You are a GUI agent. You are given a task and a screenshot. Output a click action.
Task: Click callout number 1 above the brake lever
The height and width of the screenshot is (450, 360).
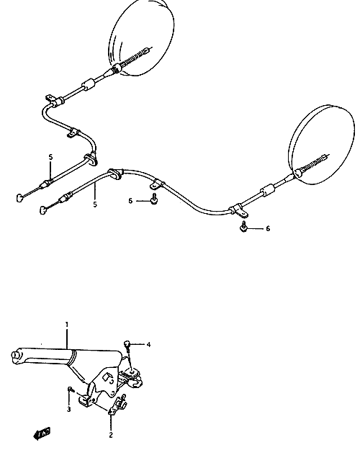coord(67,325)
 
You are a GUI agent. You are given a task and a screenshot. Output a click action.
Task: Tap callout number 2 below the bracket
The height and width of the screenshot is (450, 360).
coord(111,435)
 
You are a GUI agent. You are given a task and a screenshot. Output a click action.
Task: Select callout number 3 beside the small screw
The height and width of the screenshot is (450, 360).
coord(69,409)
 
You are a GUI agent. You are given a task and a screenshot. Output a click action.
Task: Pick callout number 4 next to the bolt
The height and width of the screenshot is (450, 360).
coord(148,344)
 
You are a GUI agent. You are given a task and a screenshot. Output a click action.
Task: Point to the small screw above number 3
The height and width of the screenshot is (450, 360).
coord(71,390)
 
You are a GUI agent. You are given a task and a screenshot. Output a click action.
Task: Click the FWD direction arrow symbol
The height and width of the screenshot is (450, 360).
coord(42,433)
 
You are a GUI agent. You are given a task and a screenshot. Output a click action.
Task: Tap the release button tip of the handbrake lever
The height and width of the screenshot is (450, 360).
coord(14,354)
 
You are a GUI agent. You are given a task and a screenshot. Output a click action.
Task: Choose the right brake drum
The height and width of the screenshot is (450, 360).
coord(322,144)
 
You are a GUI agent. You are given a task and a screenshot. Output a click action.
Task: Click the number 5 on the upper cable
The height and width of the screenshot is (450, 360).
coord(51,157)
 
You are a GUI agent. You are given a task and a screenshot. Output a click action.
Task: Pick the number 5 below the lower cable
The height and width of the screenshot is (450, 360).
coord(95,204)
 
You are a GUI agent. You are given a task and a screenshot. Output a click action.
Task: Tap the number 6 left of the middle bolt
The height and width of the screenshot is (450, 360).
coord(130,201)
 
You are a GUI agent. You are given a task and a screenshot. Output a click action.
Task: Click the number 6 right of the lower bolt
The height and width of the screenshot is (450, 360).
coord(268,228)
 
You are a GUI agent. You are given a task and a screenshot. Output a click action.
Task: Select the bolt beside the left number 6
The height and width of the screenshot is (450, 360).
coord(154,199)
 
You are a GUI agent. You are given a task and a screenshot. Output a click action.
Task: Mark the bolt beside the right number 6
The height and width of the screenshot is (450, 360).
coord(243,226)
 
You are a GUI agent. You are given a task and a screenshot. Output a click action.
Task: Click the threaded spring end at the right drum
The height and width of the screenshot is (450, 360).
coord(313,163)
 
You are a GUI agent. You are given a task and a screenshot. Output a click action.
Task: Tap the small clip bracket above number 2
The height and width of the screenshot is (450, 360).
coord(118,405)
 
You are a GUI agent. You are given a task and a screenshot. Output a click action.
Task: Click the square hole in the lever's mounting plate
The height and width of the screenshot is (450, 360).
coord(107,377)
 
